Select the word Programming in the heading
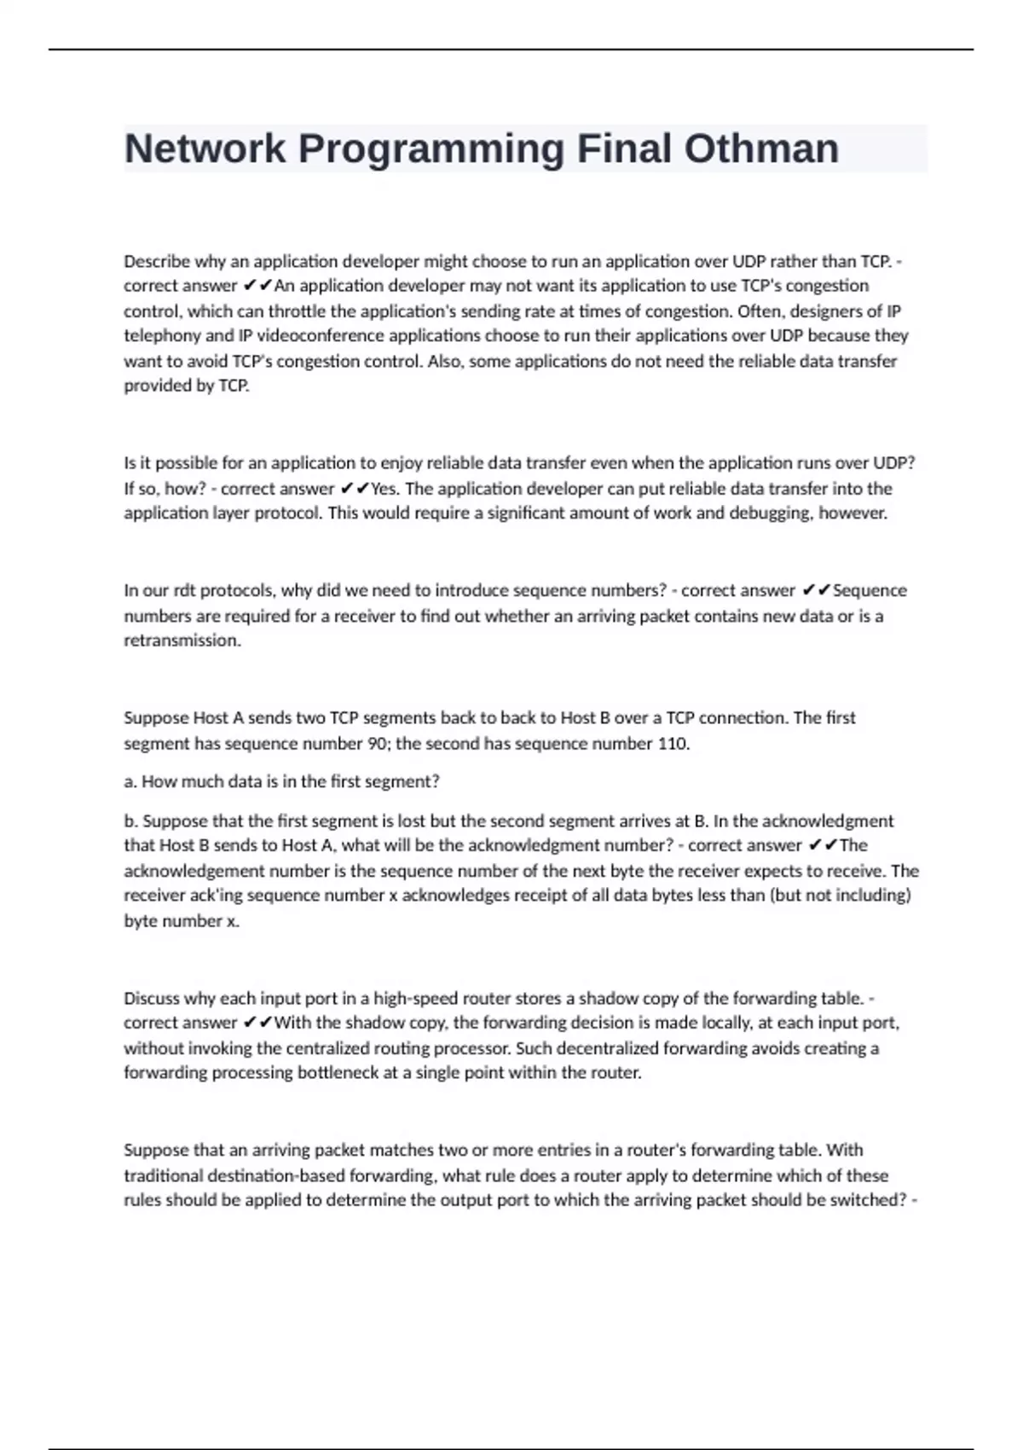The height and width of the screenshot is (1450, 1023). pyautogui.click(x=431, y=148)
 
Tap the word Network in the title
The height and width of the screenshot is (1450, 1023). pyautogui.click(x=205, y=148)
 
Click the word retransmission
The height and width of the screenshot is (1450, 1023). pyautogui.click(x=182, y=641)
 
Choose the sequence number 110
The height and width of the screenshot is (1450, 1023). pyautogui.click(x=673, y=743)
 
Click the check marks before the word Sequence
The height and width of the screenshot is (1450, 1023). pyautogui.click(x=817, y=590)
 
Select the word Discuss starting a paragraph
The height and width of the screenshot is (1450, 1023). pyautogui.click(x=152, y=998)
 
